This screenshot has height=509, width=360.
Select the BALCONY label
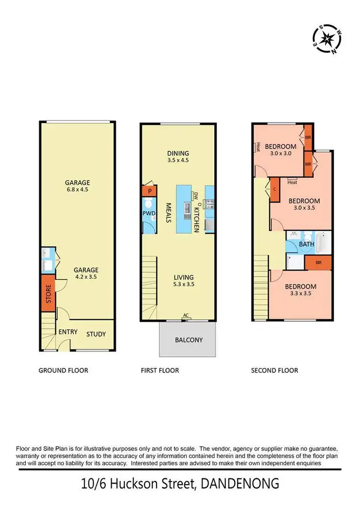click(x=188, y=340)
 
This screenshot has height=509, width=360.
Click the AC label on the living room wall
click(x=186, y=315)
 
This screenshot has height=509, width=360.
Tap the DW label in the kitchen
click(x=196, y=195)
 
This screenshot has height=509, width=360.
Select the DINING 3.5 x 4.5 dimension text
click(x=178, y=160)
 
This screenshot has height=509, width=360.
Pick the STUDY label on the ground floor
click(x=96, y=334)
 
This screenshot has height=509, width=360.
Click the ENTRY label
click(x=68, y=332)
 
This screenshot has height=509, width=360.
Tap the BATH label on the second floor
click(x=307, y=244)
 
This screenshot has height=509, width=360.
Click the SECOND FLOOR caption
click(x=275, y=370)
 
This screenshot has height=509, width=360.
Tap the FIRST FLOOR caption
click(x=160, y=370)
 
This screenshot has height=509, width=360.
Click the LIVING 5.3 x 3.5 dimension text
click(x=184, y=284)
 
